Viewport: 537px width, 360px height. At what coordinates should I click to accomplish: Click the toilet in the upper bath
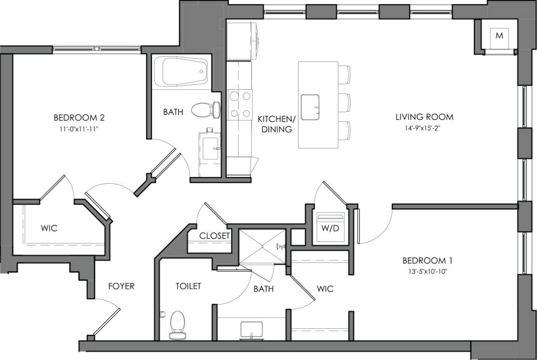pos(205,110)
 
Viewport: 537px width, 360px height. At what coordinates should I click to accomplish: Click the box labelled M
pos(499,36)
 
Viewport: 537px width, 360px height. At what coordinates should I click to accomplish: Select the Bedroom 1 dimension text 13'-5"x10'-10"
pos(427,272)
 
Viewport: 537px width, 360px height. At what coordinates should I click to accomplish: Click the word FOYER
pos(121,286)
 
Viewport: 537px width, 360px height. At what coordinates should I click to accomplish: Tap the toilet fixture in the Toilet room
pos(177,324)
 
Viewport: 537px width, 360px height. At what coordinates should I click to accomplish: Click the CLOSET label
pos(214,236)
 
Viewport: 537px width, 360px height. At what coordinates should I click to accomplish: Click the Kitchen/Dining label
pos(276,124)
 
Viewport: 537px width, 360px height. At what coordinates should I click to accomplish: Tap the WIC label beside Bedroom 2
pos(49,228)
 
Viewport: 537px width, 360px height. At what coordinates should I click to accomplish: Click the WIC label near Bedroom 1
pos(325,289)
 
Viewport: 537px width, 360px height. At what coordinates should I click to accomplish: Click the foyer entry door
pos(106,321)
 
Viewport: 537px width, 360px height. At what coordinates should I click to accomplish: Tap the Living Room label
pos(424,117)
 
